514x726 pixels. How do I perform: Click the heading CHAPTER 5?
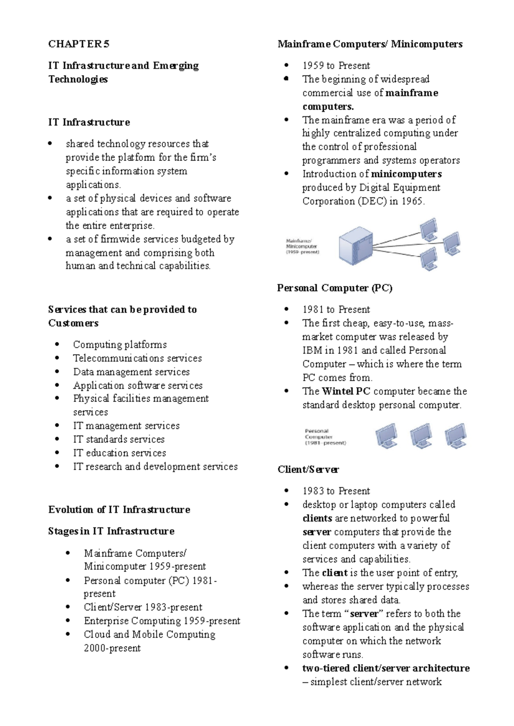tap(79, 44)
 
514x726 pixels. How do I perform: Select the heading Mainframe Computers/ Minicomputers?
tap(370, 44)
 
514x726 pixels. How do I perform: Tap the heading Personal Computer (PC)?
tap(335, 288)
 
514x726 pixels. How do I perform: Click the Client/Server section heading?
tap(308, 470)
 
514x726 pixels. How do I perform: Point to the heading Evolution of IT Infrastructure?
tap(119, 510)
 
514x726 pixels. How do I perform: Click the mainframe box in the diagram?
tap(355, 246)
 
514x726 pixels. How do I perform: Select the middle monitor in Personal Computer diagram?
tap(421, 436)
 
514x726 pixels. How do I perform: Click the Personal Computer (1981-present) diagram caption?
tap(325, 437)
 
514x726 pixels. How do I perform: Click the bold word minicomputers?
tap(406, 174)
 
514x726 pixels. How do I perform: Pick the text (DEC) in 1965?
tap(391, 201)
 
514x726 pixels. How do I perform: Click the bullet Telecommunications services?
tap(137, 358)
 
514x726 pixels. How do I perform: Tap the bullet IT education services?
tap(119, 453)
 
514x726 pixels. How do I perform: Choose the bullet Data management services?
tap(131, 372)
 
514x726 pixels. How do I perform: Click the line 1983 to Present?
tap(336, 491)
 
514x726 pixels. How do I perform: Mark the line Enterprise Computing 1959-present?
tap(161, 621)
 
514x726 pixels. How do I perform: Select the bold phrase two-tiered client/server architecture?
tap(385, 668)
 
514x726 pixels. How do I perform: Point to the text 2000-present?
tap(112, 648)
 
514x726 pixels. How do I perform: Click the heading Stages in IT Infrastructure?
tap(111, 531)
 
